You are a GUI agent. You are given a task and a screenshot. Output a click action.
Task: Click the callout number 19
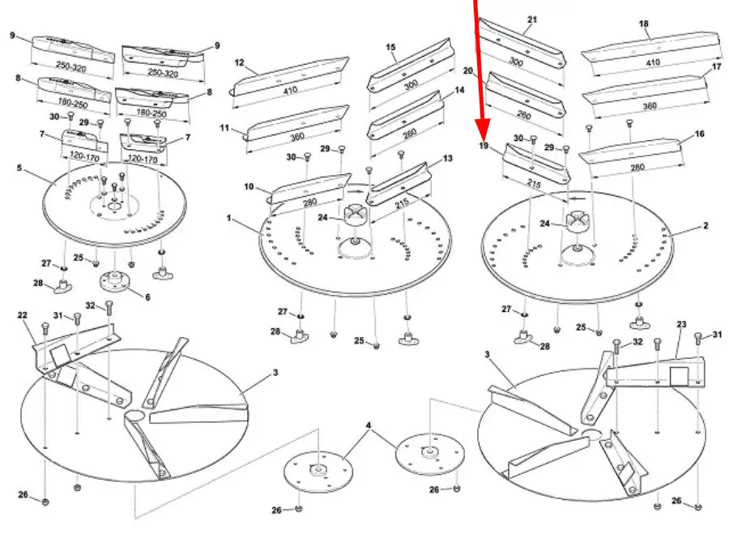(484, 146)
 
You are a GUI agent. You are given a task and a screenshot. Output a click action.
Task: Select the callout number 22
(23, 315)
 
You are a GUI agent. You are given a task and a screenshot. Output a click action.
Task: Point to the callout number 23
(680, 325)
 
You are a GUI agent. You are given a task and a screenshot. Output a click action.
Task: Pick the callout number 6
(147, 297)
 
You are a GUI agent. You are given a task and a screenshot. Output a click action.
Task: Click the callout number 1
(229, 219)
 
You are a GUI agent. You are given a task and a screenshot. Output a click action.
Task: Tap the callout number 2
(706, 226)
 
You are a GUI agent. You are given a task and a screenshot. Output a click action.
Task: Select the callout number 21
(532, 19)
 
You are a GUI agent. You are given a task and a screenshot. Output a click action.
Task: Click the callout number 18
(644, 24)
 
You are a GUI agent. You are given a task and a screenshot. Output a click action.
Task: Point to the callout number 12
(239, 62)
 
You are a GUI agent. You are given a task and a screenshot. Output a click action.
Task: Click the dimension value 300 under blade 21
(515, 61)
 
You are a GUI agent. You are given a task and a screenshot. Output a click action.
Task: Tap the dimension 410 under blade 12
(289, 92)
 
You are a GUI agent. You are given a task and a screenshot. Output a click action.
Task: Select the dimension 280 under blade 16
(638, 167)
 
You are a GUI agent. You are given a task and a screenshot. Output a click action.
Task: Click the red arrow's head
(483, 135)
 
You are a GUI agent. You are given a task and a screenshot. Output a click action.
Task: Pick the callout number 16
(700, 134)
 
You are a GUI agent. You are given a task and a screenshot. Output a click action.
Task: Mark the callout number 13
(447, 159)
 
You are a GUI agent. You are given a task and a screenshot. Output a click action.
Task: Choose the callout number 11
(225, 127)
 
